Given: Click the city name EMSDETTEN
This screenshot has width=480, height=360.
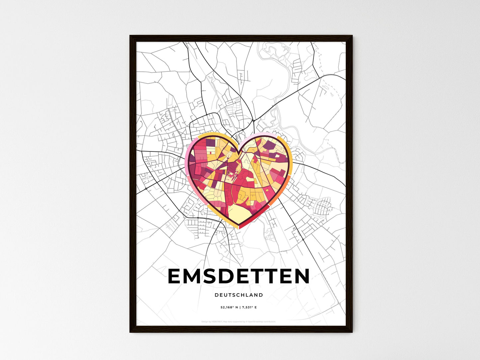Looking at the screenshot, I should (239, 276).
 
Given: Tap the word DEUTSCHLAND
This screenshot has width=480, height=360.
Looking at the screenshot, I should (239, 295).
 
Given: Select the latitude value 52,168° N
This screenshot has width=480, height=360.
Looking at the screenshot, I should (229, 308).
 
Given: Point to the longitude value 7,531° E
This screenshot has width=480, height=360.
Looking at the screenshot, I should (249, 308).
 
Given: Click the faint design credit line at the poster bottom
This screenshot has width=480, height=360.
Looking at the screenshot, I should (239, 321).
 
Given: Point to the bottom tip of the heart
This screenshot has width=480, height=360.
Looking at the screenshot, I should (239, 227).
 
